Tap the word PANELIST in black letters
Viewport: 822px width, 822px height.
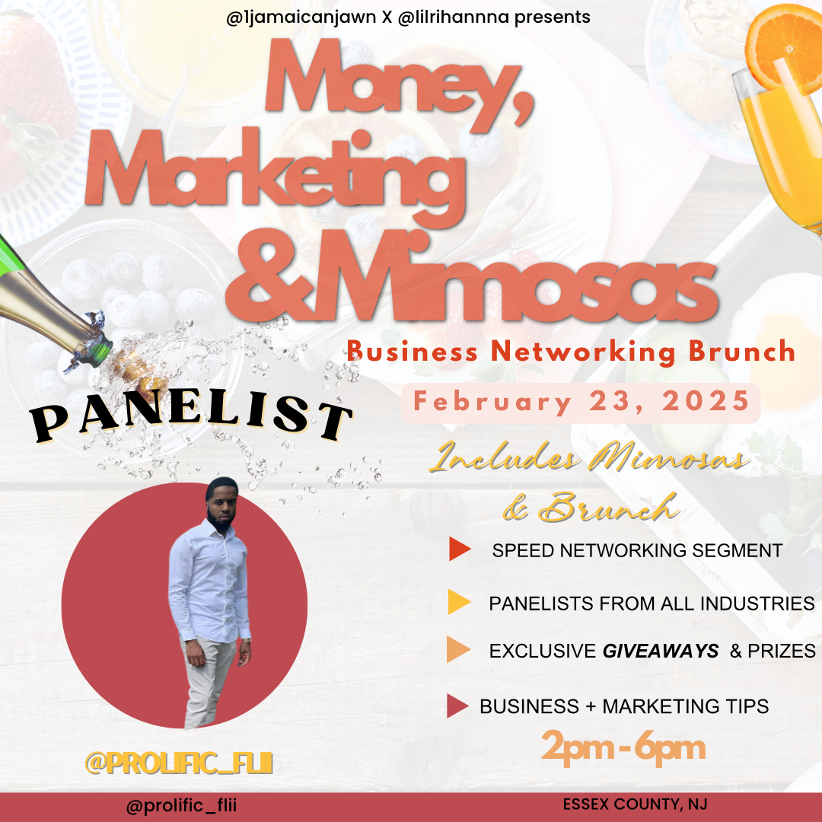[x=191, y=417]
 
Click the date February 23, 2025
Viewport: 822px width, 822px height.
[x=581, y=402]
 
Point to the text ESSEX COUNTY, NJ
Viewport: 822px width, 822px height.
[x=635, y=804]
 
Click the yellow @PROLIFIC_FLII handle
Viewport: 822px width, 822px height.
[x=179, y=763]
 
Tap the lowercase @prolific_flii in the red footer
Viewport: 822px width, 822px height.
[x=181, y=805]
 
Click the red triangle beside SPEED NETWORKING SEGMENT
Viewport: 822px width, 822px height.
[x=459, y=549]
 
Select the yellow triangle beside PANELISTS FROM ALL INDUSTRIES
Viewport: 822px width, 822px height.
[x=459, y=602]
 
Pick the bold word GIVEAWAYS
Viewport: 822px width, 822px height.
[x=661, y=651]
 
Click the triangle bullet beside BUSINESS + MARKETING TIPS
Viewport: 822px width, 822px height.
[x=457, y=706]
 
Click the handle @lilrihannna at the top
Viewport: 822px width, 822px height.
[x=454, y=18]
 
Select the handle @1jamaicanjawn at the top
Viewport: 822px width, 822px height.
[x=301, y=18]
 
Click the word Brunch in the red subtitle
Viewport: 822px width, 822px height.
[x=742, y=351]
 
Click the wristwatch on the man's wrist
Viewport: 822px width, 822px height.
[x=247, y=640]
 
